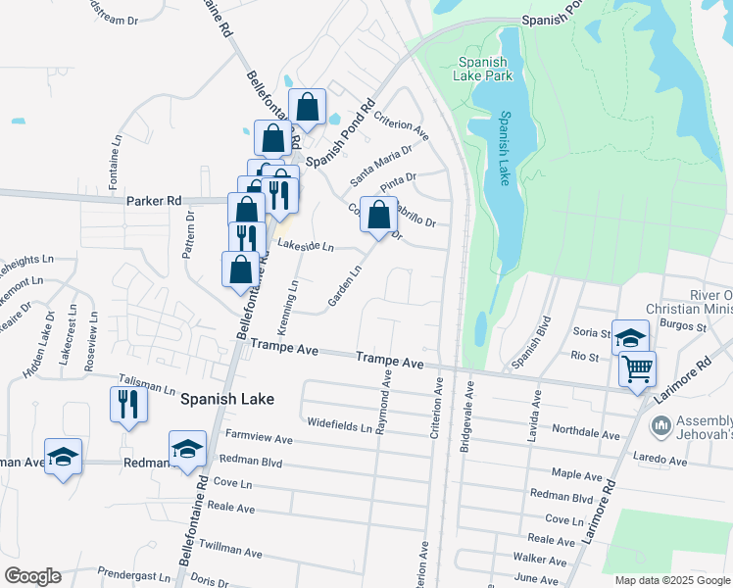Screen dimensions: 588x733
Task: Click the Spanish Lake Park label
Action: pos(482,69)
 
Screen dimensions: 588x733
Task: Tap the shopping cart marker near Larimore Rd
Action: pos(637,370)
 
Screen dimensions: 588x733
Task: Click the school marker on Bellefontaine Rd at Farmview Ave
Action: pos(187,448)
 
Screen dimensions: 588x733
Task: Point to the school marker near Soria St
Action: pos(631,337)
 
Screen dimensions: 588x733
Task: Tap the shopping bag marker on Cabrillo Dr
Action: pos(378,215)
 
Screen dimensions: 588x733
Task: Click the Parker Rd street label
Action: pos(154,200)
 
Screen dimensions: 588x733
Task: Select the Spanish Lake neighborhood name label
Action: pos(227,399)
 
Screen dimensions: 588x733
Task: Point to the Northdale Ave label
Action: pos(586,432)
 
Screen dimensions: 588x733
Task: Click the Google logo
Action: pos(32,576)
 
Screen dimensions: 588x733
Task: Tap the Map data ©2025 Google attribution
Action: pos(671,580)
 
